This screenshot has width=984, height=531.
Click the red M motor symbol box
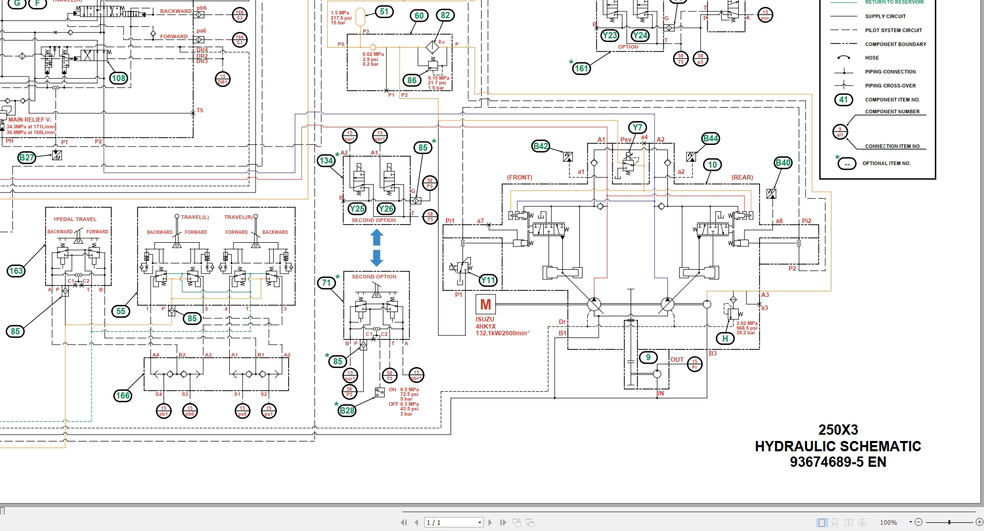click(485, 304)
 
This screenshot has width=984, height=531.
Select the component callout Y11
click(488, 281)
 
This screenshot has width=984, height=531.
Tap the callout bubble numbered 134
click(326, 160)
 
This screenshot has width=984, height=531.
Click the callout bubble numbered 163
click(16, 271)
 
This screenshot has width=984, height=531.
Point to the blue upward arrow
click(377, 238)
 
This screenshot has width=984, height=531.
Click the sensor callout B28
click(347, 410)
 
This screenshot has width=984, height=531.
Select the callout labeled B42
click(541, 146)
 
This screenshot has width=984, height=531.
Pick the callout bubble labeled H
click(725, 338)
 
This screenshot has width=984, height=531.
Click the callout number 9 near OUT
click(648, 357)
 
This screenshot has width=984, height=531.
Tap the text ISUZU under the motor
click(485, 319)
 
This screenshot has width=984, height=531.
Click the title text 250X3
click(838, 430)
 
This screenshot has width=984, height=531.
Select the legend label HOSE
click(872, 58)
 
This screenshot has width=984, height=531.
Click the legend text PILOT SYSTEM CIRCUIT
click(893, 30)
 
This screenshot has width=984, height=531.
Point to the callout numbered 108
click(118, 78)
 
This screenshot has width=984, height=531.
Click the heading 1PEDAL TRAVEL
click(75, 219)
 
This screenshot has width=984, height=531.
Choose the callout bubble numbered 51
click(384, 11)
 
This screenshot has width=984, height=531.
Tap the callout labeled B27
click(26, 157)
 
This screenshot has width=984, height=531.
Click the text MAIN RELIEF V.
click(29, 120)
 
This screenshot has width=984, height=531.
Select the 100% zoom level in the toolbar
click(888, 523)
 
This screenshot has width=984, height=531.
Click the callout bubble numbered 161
click(582, 68)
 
